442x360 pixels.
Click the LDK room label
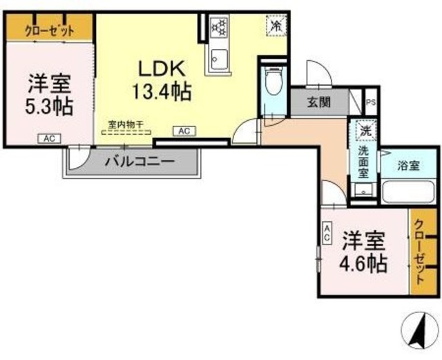coord(162,69)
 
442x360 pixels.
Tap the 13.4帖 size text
coord(162,91)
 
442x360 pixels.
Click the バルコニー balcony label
coord(140,163)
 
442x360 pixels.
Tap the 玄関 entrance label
coord(318,103)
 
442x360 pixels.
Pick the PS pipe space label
coord(371,103)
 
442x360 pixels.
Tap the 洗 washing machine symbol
coord(363,129)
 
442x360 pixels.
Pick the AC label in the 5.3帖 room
coord(49,139)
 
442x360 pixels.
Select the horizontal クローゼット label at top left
coord(49,30)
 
